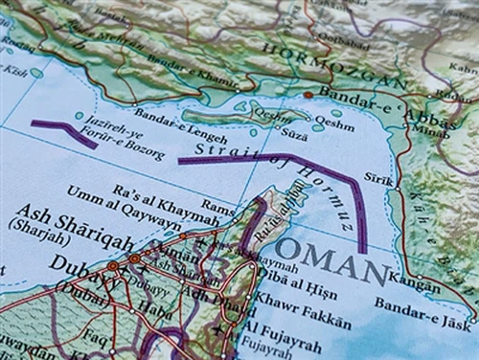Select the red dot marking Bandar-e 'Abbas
(x=308, y=95)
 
